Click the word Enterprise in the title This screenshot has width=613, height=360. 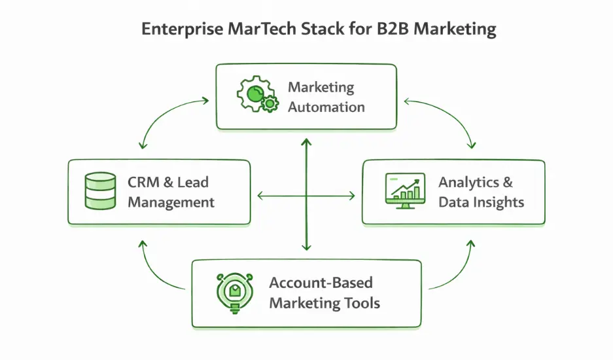point(174,30)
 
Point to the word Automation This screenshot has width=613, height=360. point(326,107)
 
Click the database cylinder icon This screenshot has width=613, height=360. point(99,191)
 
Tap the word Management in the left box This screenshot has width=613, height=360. point(171,202)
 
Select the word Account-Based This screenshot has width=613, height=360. point(321,283)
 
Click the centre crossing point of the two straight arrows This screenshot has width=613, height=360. point(306,195)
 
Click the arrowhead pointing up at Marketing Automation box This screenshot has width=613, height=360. point(306,141)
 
